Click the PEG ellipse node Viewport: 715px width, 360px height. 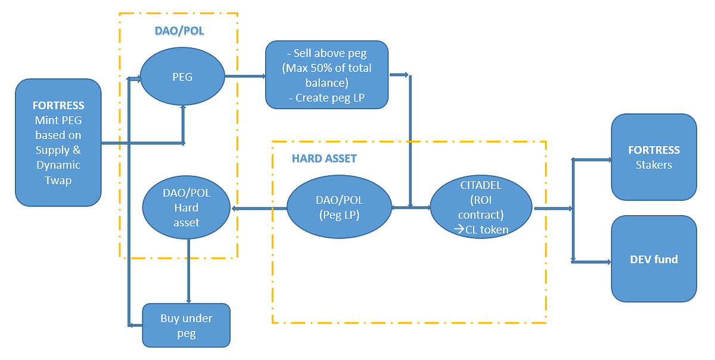click(182, 77)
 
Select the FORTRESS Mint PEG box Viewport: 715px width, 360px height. click(58, 142)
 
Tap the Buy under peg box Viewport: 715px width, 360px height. click(186, 325)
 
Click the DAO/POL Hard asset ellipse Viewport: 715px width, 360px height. click(186, 208)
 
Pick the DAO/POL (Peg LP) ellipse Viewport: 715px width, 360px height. click(340, 208)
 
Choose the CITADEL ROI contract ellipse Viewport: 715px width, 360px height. click(481, 208)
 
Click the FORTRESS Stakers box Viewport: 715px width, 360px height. click(654, 157)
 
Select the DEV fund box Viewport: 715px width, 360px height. click(654, 259)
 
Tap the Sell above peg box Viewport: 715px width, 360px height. click(327, 75)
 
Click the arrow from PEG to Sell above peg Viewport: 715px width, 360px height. click(245, 76)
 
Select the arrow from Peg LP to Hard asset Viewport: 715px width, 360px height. click(259, 208)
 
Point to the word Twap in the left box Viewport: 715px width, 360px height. click(58, 180)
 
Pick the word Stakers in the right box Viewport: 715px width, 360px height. click(654, 165)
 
